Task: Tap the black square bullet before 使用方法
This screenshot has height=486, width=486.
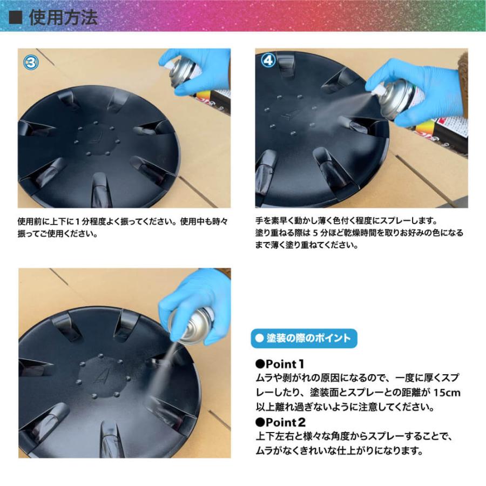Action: (x=17, y=17)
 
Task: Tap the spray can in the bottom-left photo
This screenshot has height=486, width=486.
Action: (x=192, y=325)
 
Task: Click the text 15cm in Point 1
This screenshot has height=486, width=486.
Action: (x=448, y=393)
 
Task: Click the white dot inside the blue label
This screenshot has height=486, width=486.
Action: (x=259, y=339)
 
